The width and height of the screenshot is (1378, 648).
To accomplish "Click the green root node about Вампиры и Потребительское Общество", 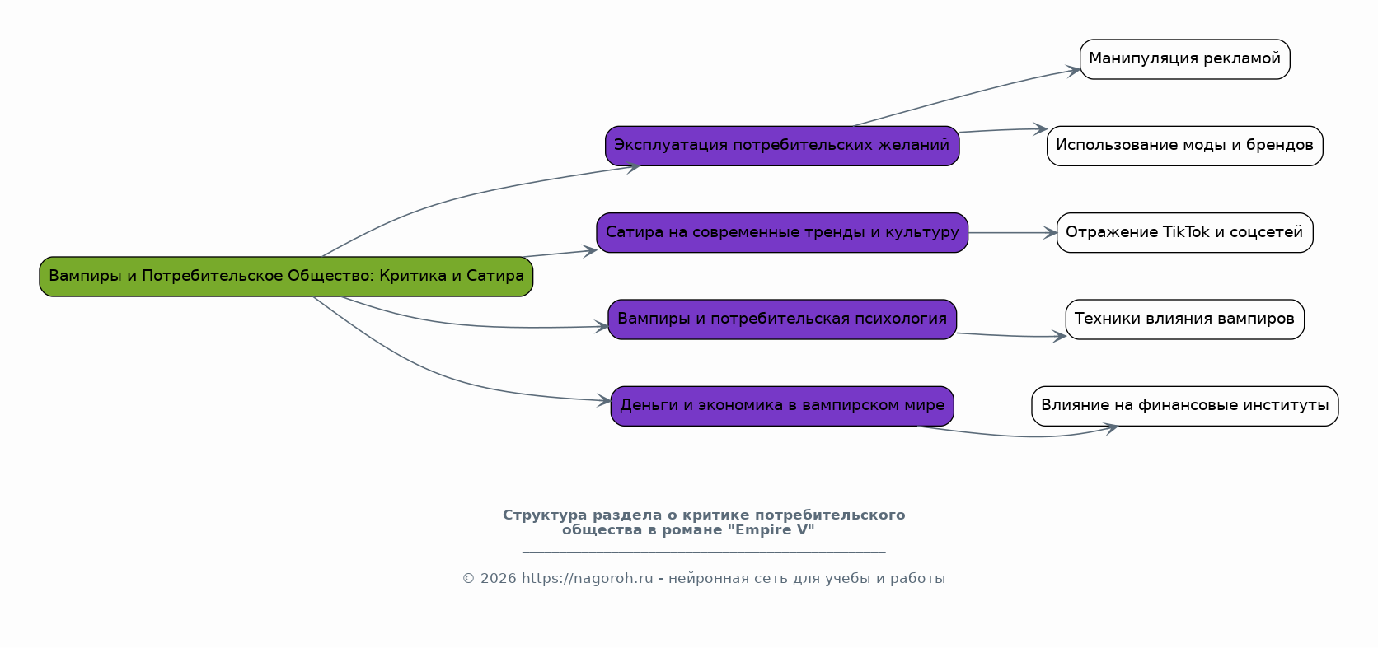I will (286, 277).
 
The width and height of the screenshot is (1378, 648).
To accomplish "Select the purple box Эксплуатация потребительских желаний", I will (782, 146).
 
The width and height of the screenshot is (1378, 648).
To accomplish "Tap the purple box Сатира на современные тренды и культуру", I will (782, 233).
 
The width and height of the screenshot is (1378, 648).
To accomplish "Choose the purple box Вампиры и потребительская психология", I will (782, 319).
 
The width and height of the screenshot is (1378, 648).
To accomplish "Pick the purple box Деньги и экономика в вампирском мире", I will (782, 406).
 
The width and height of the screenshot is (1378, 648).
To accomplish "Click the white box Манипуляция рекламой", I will (1184, 59).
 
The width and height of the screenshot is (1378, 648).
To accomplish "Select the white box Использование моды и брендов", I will (1184, 146).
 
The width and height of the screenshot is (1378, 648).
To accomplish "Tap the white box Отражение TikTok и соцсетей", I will (1184, 233).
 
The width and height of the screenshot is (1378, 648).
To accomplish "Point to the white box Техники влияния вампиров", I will (1184, 319).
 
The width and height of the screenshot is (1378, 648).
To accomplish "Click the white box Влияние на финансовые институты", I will (1184, 406).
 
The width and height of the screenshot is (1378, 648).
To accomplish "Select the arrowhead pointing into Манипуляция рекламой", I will (1074, 71).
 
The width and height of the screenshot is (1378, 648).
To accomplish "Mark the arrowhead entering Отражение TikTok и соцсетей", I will (1051, 233).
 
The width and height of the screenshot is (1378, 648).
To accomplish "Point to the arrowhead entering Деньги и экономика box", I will (605, 401).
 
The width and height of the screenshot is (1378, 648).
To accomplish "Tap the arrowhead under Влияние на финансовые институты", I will (1112, 428).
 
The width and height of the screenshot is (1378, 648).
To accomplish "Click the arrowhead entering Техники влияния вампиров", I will (1060, 336).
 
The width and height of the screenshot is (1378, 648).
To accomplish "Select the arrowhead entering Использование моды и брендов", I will (1041, 129).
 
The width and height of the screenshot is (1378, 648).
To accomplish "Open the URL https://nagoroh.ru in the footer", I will (587, 579).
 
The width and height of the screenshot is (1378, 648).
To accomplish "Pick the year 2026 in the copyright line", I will (498, 579).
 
